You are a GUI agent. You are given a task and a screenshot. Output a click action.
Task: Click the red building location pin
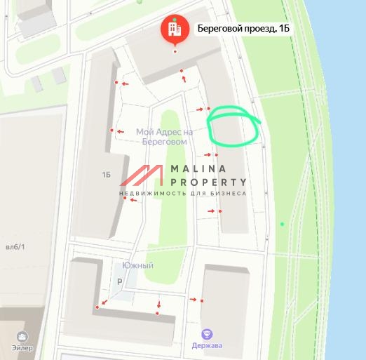coord(175,29)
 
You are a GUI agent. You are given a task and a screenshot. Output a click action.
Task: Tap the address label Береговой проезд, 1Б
coord(242,29)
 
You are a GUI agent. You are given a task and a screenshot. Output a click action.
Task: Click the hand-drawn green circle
coord(233,126)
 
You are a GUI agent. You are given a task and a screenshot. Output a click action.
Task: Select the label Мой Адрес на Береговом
coord(164,136)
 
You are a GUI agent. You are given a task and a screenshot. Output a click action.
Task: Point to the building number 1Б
coord(107,174)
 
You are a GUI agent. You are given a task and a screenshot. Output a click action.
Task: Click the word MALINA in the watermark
coord(198,169)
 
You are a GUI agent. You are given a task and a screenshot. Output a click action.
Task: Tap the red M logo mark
coord(145,179)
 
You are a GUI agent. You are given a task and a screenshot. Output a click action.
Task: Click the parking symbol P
coord(119,281)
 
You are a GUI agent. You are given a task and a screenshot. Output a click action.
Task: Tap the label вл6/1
coord(15,246)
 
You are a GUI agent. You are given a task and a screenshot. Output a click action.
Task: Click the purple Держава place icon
coord(207,334)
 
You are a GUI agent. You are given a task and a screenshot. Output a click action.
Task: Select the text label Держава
coord(207,345)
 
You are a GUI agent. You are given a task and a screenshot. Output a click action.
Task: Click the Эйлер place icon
coord(22,337)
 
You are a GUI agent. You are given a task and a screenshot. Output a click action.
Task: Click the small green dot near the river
coord(283,224)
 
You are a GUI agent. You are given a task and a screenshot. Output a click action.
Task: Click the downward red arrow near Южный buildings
coord(159,305)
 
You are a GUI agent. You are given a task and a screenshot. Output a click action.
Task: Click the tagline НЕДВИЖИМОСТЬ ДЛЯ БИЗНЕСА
coord(182,193)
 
